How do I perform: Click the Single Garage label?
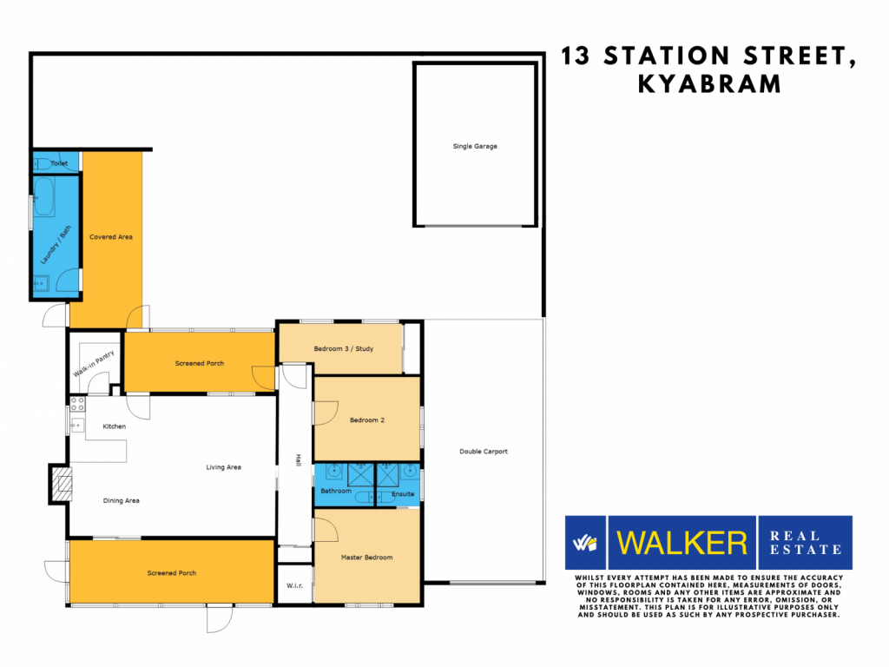pos(475,146)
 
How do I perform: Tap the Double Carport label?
pos(483,452)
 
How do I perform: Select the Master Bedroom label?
pos(367,558)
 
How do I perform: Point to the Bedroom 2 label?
pos(367,420)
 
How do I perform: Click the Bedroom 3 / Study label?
pos(344,349)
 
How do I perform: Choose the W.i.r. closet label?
pos(294,585)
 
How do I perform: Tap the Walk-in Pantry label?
pos(94,364)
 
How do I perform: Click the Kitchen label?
pos(114,426)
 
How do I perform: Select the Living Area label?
pos(223,467)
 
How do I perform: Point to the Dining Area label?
pos(121,501)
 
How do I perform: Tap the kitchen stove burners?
pos(77,404)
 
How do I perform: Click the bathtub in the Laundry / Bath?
pos(43,197)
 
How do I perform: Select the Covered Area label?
pos(111,237)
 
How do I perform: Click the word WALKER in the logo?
pos(682,543)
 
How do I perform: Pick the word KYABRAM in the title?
pos(710,84)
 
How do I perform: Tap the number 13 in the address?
pos(575,56)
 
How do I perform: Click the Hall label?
pos(299,460)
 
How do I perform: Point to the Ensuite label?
pos(403,494)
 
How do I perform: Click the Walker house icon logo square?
pos(585,543)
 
